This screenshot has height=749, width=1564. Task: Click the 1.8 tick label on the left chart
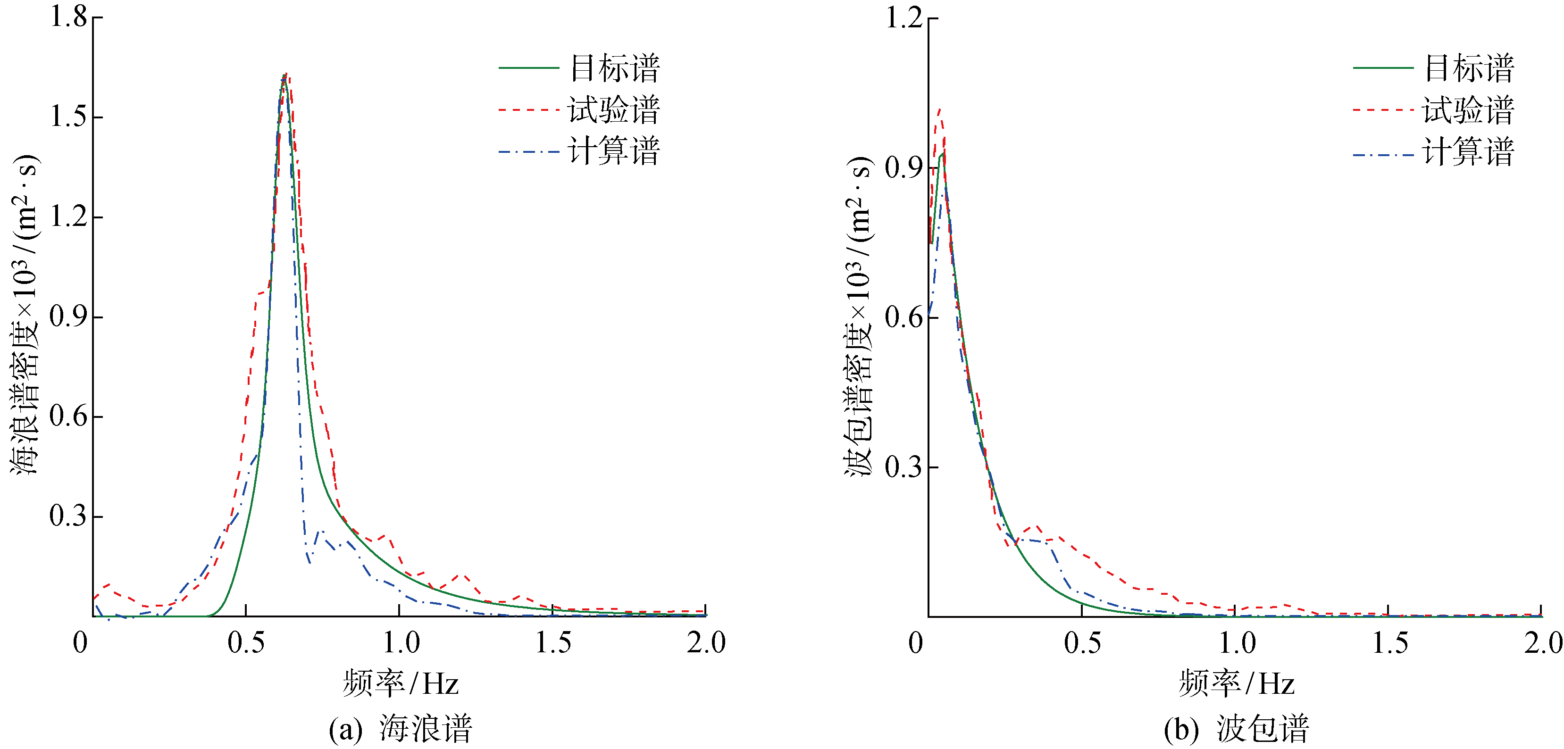[x=68, y=17]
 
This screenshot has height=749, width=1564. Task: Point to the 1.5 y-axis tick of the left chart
[x=68, y=117]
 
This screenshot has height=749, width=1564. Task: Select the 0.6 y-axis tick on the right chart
[x=903, y=317]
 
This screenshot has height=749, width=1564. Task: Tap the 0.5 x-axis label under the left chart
[x=246, y=643]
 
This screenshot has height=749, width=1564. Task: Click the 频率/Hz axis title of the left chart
[x=401, y=683]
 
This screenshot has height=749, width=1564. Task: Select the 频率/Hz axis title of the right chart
[x=1237, y=683]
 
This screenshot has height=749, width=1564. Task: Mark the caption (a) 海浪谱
[x=401, y=728]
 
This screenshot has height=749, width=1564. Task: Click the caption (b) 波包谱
[x=1237, y=728]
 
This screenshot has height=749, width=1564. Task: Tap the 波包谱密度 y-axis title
[x=859, y=316]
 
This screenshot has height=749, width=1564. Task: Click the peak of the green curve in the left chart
[x=284, y=76]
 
